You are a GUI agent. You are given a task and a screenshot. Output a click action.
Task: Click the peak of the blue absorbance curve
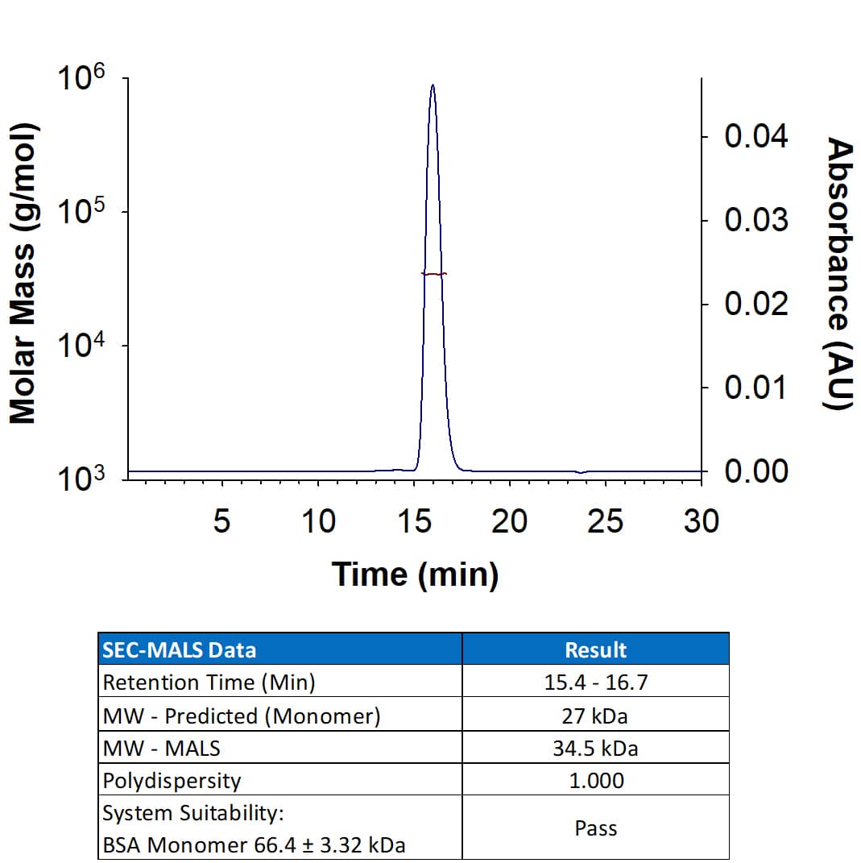tap(433, 85)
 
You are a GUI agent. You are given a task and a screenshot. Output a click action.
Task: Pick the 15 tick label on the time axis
tap(414, 522)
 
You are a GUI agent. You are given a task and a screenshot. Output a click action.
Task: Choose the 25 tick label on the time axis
tap(605, 522)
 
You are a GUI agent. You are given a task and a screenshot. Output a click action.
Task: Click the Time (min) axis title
tap(415, 574)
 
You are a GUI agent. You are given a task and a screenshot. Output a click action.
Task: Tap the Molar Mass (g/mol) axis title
tap(23, 274)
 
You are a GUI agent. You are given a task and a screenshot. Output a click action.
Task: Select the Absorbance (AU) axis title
tap(840, 274)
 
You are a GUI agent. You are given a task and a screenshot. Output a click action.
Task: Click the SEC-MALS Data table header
tap(179, 649)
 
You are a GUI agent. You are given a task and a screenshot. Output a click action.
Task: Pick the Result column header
tap(595, 649)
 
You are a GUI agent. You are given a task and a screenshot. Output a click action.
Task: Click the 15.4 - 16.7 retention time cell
tap(595, 683)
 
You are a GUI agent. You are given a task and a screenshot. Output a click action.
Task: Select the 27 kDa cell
tap(595, 716)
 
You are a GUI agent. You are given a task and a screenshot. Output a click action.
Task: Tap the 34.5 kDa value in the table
tap(595, 748)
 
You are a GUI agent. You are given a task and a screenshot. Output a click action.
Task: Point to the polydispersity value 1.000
tap(595, 780)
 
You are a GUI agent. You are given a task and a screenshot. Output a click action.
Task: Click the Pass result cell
tap(595, 828)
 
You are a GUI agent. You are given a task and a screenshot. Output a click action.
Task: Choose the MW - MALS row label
tap(161, 748)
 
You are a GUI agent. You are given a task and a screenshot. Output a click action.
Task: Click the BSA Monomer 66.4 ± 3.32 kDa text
tap(254, 844)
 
